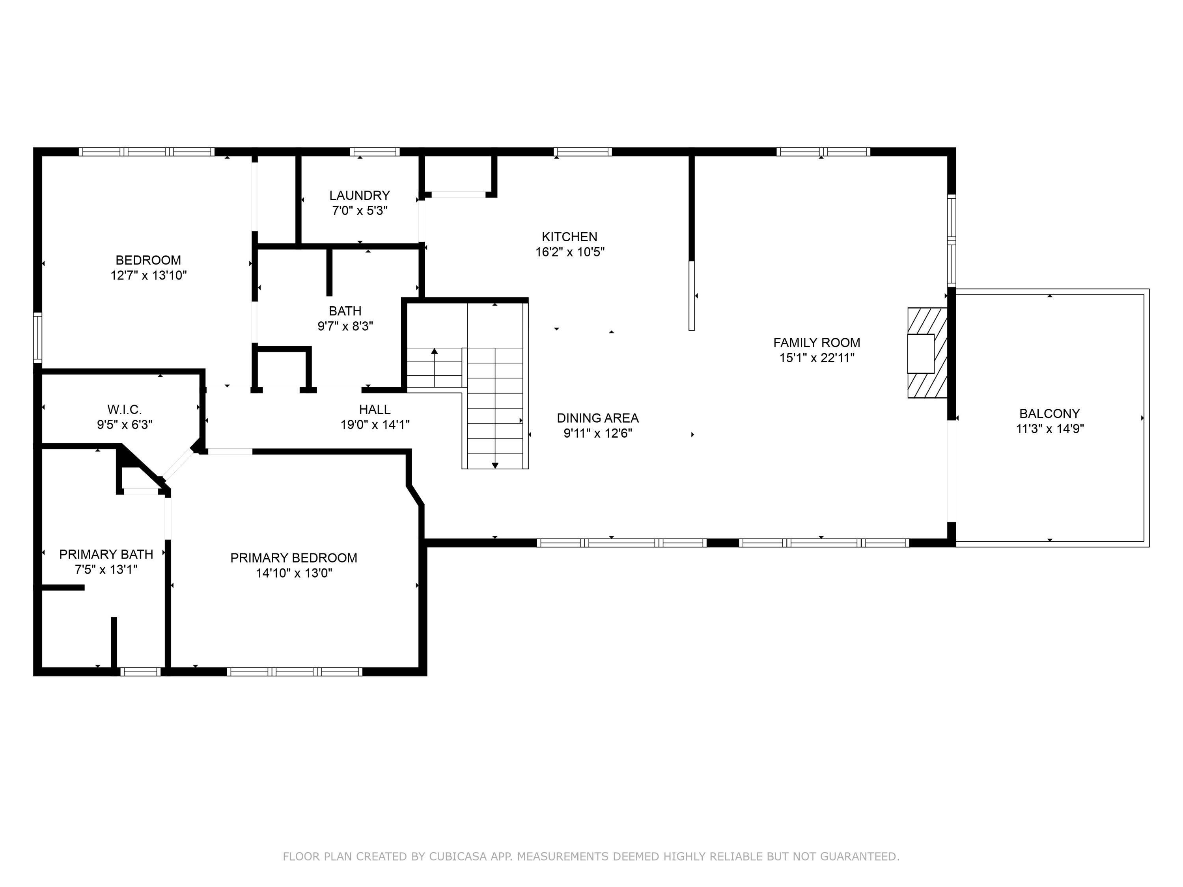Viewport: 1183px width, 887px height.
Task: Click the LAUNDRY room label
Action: coord(359,196)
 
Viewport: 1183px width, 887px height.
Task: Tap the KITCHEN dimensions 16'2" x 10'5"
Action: coord(569,252)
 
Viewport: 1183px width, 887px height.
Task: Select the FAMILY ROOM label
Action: coord(816,343)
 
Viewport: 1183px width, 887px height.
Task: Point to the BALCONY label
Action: coord(1049,413)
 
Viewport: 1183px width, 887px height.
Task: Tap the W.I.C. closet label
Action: coord(124,410)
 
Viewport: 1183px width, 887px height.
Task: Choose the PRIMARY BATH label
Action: coord(106,554)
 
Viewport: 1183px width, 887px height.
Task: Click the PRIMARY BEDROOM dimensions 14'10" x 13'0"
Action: coord(294,573)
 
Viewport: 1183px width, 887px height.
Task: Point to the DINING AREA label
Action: coord(597,418)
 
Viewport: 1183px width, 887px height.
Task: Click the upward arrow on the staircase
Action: coord(434,352)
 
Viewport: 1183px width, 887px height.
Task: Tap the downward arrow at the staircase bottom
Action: coord(495,465)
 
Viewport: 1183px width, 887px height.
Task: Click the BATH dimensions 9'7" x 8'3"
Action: coord(345,326)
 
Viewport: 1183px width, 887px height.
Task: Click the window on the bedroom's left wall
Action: coord(37,337)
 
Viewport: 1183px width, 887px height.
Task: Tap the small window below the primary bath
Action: coord(140,671)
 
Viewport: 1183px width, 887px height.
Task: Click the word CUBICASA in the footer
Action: coord(457,857)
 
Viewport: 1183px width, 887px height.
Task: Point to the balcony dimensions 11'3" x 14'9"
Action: coord(1049,429)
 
